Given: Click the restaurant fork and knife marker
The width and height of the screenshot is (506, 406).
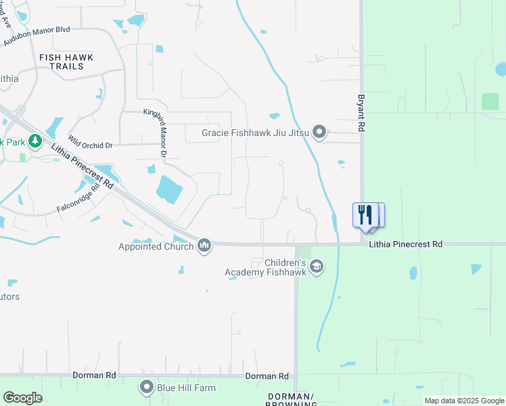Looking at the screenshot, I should (x=366, y=215).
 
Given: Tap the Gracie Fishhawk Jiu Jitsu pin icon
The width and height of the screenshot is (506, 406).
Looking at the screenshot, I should (x=320, y=133).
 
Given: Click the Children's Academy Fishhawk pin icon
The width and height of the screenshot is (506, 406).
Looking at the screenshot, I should (x=316, y=268).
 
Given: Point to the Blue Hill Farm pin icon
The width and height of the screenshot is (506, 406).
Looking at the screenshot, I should (x=146, y=387).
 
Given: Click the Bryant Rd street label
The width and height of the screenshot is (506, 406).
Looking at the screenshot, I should (x=361, y=112).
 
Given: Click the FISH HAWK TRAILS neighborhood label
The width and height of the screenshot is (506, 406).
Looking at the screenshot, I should (x=66, y=62).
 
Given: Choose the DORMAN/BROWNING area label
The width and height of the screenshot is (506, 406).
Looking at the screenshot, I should (x=292, y=400).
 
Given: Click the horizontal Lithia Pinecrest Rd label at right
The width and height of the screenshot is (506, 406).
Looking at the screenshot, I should (x=405, y=244).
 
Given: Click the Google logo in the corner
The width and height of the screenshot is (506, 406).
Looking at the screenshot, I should (x=22, y=398).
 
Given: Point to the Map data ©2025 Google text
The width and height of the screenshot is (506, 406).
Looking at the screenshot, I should (x=463, y=401).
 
